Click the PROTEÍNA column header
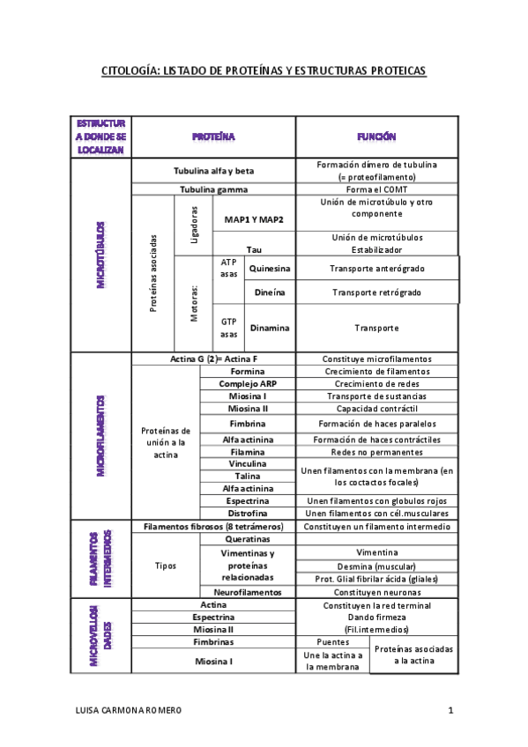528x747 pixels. coord(213,137)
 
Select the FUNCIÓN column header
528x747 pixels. coord(376,137)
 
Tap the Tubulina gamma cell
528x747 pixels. coord(213,189)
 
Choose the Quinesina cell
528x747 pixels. coord(270,268)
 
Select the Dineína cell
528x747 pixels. coord(270,292)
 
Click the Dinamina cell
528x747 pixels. coord(270,328)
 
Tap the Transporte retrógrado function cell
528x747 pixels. coord(376,292)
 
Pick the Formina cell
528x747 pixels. coord(248,372)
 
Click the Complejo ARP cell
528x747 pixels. coord(248,384)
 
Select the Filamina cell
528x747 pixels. coord(248,452)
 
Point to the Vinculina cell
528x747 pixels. coord(248,463)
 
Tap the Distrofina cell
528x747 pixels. coord(248,513)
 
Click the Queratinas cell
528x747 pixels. coord(248,539)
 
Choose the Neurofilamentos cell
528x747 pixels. coord(248,592)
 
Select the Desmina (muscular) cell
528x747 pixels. coord(376,566)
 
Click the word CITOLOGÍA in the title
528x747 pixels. coord(130,70)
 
